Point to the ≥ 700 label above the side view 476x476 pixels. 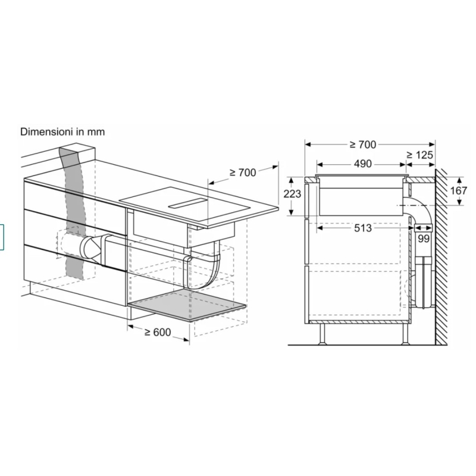(x=363, y=144)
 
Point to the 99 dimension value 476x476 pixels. (x=422, y=239)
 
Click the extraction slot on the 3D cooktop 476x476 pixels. (x=188, y=205)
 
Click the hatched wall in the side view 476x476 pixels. (x=441, y=262)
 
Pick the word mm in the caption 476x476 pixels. (x=96, y=131)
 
